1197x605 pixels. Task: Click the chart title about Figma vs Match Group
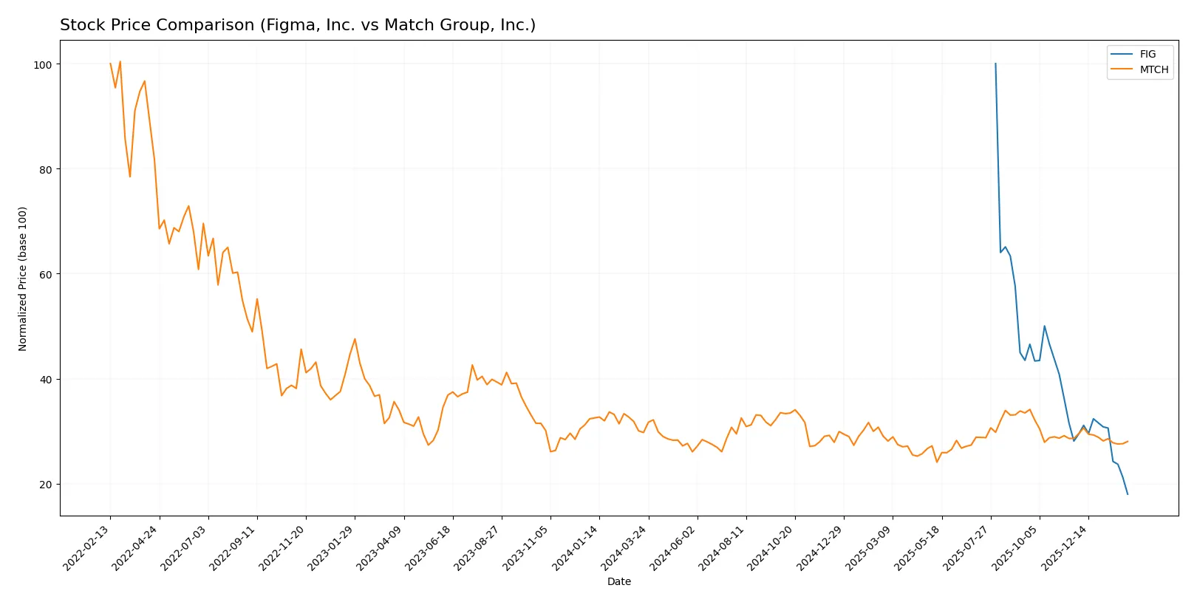click(x=298, y=25)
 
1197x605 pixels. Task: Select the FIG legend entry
click(x=1147, y=54)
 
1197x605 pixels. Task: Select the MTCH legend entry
click(x=1153, y=69)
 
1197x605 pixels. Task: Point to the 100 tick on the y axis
click(x=43, y=65)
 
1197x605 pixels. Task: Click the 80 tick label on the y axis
click(x=46, y=170)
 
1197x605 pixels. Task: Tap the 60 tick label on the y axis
click(x=46, y=275)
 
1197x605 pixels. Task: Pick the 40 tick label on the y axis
click(x=46, y=380)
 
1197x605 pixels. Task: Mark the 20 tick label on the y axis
click(x=46, y=485)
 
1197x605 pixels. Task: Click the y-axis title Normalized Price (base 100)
click(x=23, y=278)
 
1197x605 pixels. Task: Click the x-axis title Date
click(x=618, y=581)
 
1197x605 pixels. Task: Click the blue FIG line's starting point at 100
click(x=995, y=64)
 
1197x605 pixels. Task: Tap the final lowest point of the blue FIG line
click(x=1128, y=494)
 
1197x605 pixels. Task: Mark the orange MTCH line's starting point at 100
click(x=111, y=64)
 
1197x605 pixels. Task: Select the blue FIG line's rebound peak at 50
click(x=1044, y=326)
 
